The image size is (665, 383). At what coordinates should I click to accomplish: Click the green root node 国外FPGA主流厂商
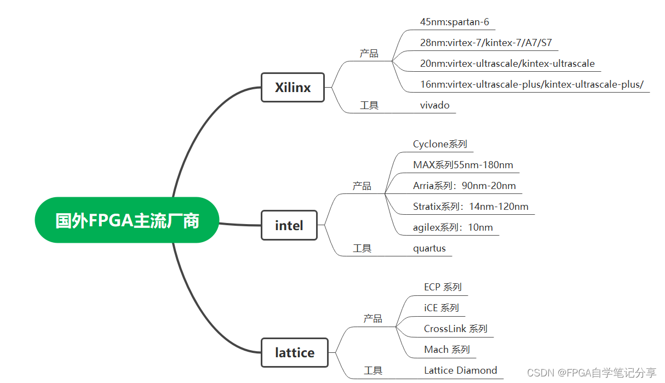pyautogui.click(x=127, y=220)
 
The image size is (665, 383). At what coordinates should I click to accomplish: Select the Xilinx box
pyautogui.click(x=293, y=87)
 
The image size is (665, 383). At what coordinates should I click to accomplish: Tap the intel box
pyautogui.click(x=289, y=225)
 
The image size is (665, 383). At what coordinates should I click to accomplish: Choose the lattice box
pyautogui.click(x=295, y=352)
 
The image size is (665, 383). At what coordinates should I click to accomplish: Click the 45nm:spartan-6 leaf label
pyautogui.click(x=454, y=22)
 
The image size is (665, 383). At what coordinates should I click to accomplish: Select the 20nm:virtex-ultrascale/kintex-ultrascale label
pyautogui.click(x=507, y=64)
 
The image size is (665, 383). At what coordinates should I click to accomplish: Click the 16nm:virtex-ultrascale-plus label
pyautogui.click(x=531, y=84)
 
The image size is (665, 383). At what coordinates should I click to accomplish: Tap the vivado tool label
pyautogui.click(x=434, y=105)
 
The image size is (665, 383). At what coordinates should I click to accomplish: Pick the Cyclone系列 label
pyautogui.click(x=440, y=144)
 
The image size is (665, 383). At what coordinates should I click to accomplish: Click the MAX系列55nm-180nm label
pyautogui.click(x=463, y=165)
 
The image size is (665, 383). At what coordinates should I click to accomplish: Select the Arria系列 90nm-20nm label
pyautogui.click(x=464, y=186)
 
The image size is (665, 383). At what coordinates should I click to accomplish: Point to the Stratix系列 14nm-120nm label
pyautogui.click(x=471, y=207)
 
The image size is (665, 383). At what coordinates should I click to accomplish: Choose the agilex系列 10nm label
pyautogui.click(x=452, y=227)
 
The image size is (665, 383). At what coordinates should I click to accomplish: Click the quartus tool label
pyautogui.click(x=429, y=248)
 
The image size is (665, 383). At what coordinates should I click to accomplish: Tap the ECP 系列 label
pyautogui.click(x=443, y=287)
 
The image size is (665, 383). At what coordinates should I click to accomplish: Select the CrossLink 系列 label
pyautogui.click(x=455, y=329)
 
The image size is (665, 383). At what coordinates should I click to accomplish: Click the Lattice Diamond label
pyautogui.click(x=460, y=370)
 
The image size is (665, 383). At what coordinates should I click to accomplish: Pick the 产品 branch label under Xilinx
pyautogui.click(x=369, y=54)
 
